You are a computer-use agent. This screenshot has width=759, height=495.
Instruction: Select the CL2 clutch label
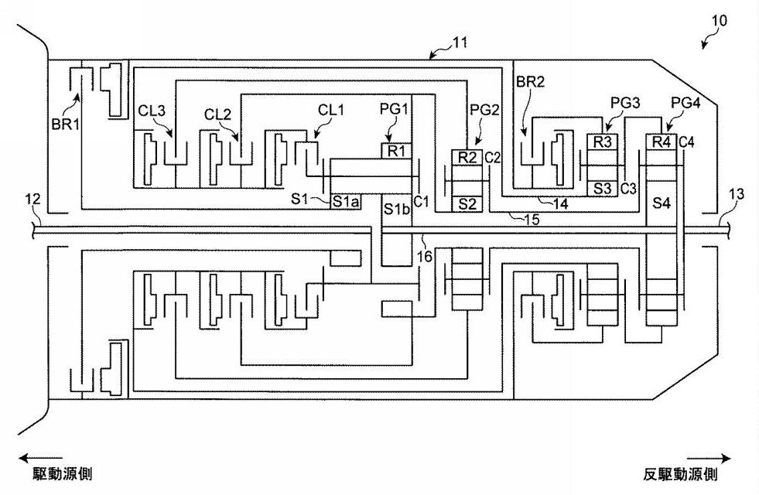click(x=217, y=114)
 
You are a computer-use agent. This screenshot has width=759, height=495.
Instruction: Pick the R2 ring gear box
click(x=467, y=157)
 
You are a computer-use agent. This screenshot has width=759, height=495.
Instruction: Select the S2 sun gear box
click(x=467, y=204)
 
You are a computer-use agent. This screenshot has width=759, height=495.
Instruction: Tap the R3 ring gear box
click(x=603, y=142)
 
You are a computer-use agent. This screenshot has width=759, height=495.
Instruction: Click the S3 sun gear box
click(x=603, y=188)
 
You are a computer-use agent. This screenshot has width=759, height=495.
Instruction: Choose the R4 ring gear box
click(x=660, y=142)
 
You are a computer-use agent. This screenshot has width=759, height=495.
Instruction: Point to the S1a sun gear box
click(x=345, y=201)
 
